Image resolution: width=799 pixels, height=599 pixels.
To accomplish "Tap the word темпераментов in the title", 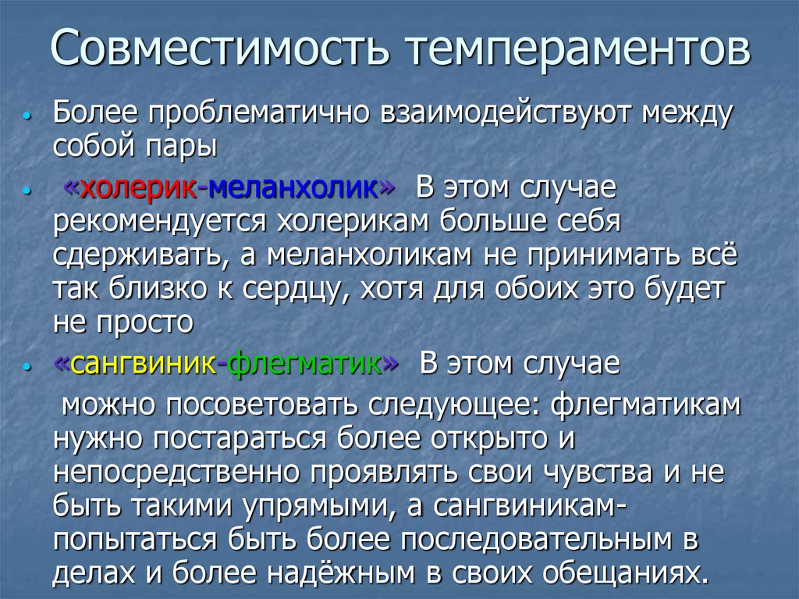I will [578, 48].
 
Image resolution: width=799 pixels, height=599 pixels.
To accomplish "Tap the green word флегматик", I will [307, 364].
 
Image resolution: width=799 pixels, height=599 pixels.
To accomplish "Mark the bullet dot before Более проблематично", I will [27, 116].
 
